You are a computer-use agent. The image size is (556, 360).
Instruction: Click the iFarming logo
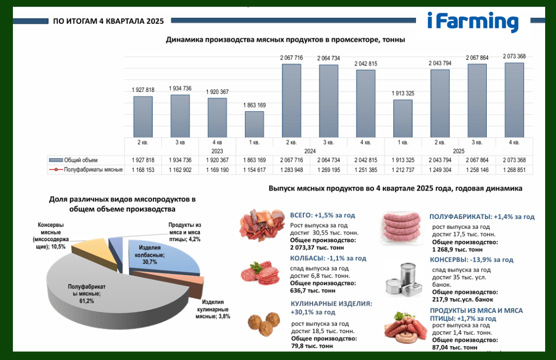coord(473,22)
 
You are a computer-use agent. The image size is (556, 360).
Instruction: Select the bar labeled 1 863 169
coord(254,124)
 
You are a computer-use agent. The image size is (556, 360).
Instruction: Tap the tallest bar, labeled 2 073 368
coord(514,100)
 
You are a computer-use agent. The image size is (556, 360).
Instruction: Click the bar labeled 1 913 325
coord(403,118)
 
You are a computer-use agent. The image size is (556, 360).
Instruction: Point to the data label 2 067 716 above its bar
coord(291,58)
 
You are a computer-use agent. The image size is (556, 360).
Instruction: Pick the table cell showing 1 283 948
coord(291,170)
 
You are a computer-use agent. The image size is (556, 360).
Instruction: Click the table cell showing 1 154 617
coord(254,170)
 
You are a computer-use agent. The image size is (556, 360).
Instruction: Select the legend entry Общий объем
coord(73,160)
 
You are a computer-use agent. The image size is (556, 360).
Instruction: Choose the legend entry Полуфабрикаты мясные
coord(86,170)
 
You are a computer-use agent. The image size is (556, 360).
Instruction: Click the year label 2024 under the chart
coord(310,151)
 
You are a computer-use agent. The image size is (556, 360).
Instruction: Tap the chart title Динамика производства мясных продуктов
coord(285,40)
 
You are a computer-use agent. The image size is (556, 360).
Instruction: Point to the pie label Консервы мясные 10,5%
coord(51,236)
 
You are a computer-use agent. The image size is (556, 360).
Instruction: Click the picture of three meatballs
coord(264,324)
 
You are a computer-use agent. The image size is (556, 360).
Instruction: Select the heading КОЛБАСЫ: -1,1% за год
coord(328,258)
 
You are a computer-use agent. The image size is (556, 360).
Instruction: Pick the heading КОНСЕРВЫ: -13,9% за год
coord(472,260)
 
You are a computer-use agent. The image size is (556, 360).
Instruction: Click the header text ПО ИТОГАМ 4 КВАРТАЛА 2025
coord(109,21)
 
